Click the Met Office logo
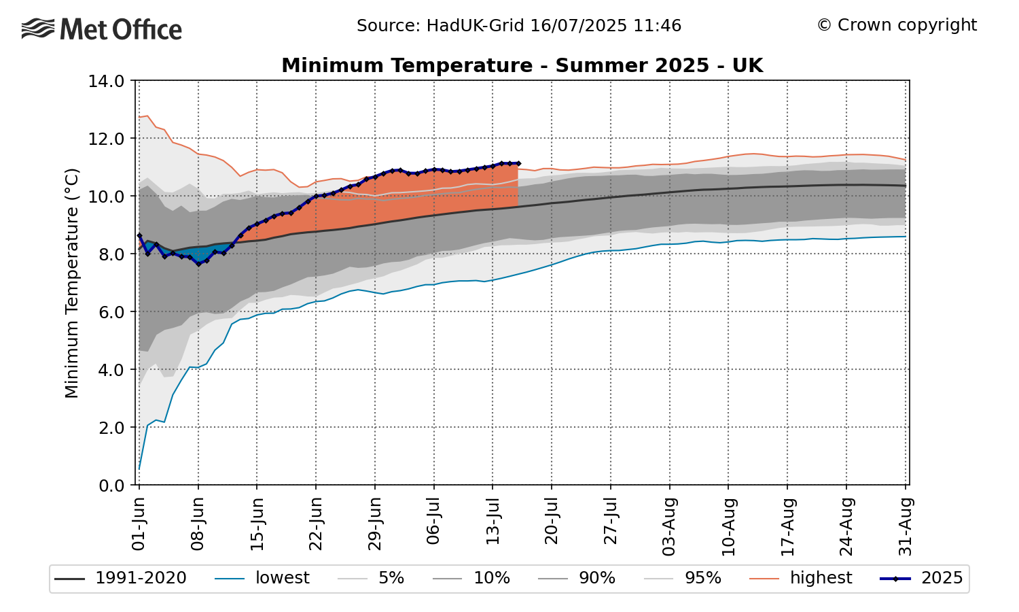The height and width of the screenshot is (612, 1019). click(x=102, y=29)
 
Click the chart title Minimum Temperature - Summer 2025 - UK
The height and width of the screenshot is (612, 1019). click(x=522, y=65)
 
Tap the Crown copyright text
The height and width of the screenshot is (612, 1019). click(x=897, y=25)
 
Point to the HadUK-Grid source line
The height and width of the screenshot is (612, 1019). click(x=518, y=26)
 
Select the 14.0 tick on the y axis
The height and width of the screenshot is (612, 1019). click(x=105, y=81)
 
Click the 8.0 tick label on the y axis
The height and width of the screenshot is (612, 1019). click(x=105, y=254)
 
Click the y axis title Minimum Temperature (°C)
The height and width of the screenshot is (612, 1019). click(x=72, y=283)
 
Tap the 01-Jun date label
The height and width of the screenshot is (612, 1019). click(x=139, y=524)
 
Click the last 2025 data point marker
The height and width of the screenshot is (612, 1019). click(x=518, y=163)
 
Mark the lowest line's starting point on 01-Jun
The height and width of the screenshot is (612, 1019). click(x=139, y=469)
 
